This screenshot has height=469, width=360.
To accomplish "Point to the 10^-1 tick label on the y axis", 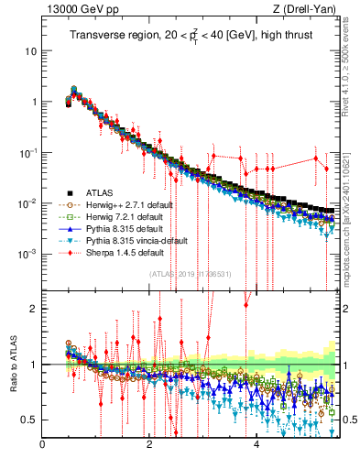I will click(x=27, y=152).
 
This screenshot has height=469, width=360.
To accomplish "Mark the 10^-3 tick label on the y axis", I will click(x=27, y=253).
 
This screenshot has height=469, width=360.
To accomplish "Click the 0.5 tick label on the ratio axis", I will click(x=29, y=420).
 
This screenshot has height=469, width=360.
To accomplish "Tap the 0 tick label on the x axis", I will click(x=42, y=445).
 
